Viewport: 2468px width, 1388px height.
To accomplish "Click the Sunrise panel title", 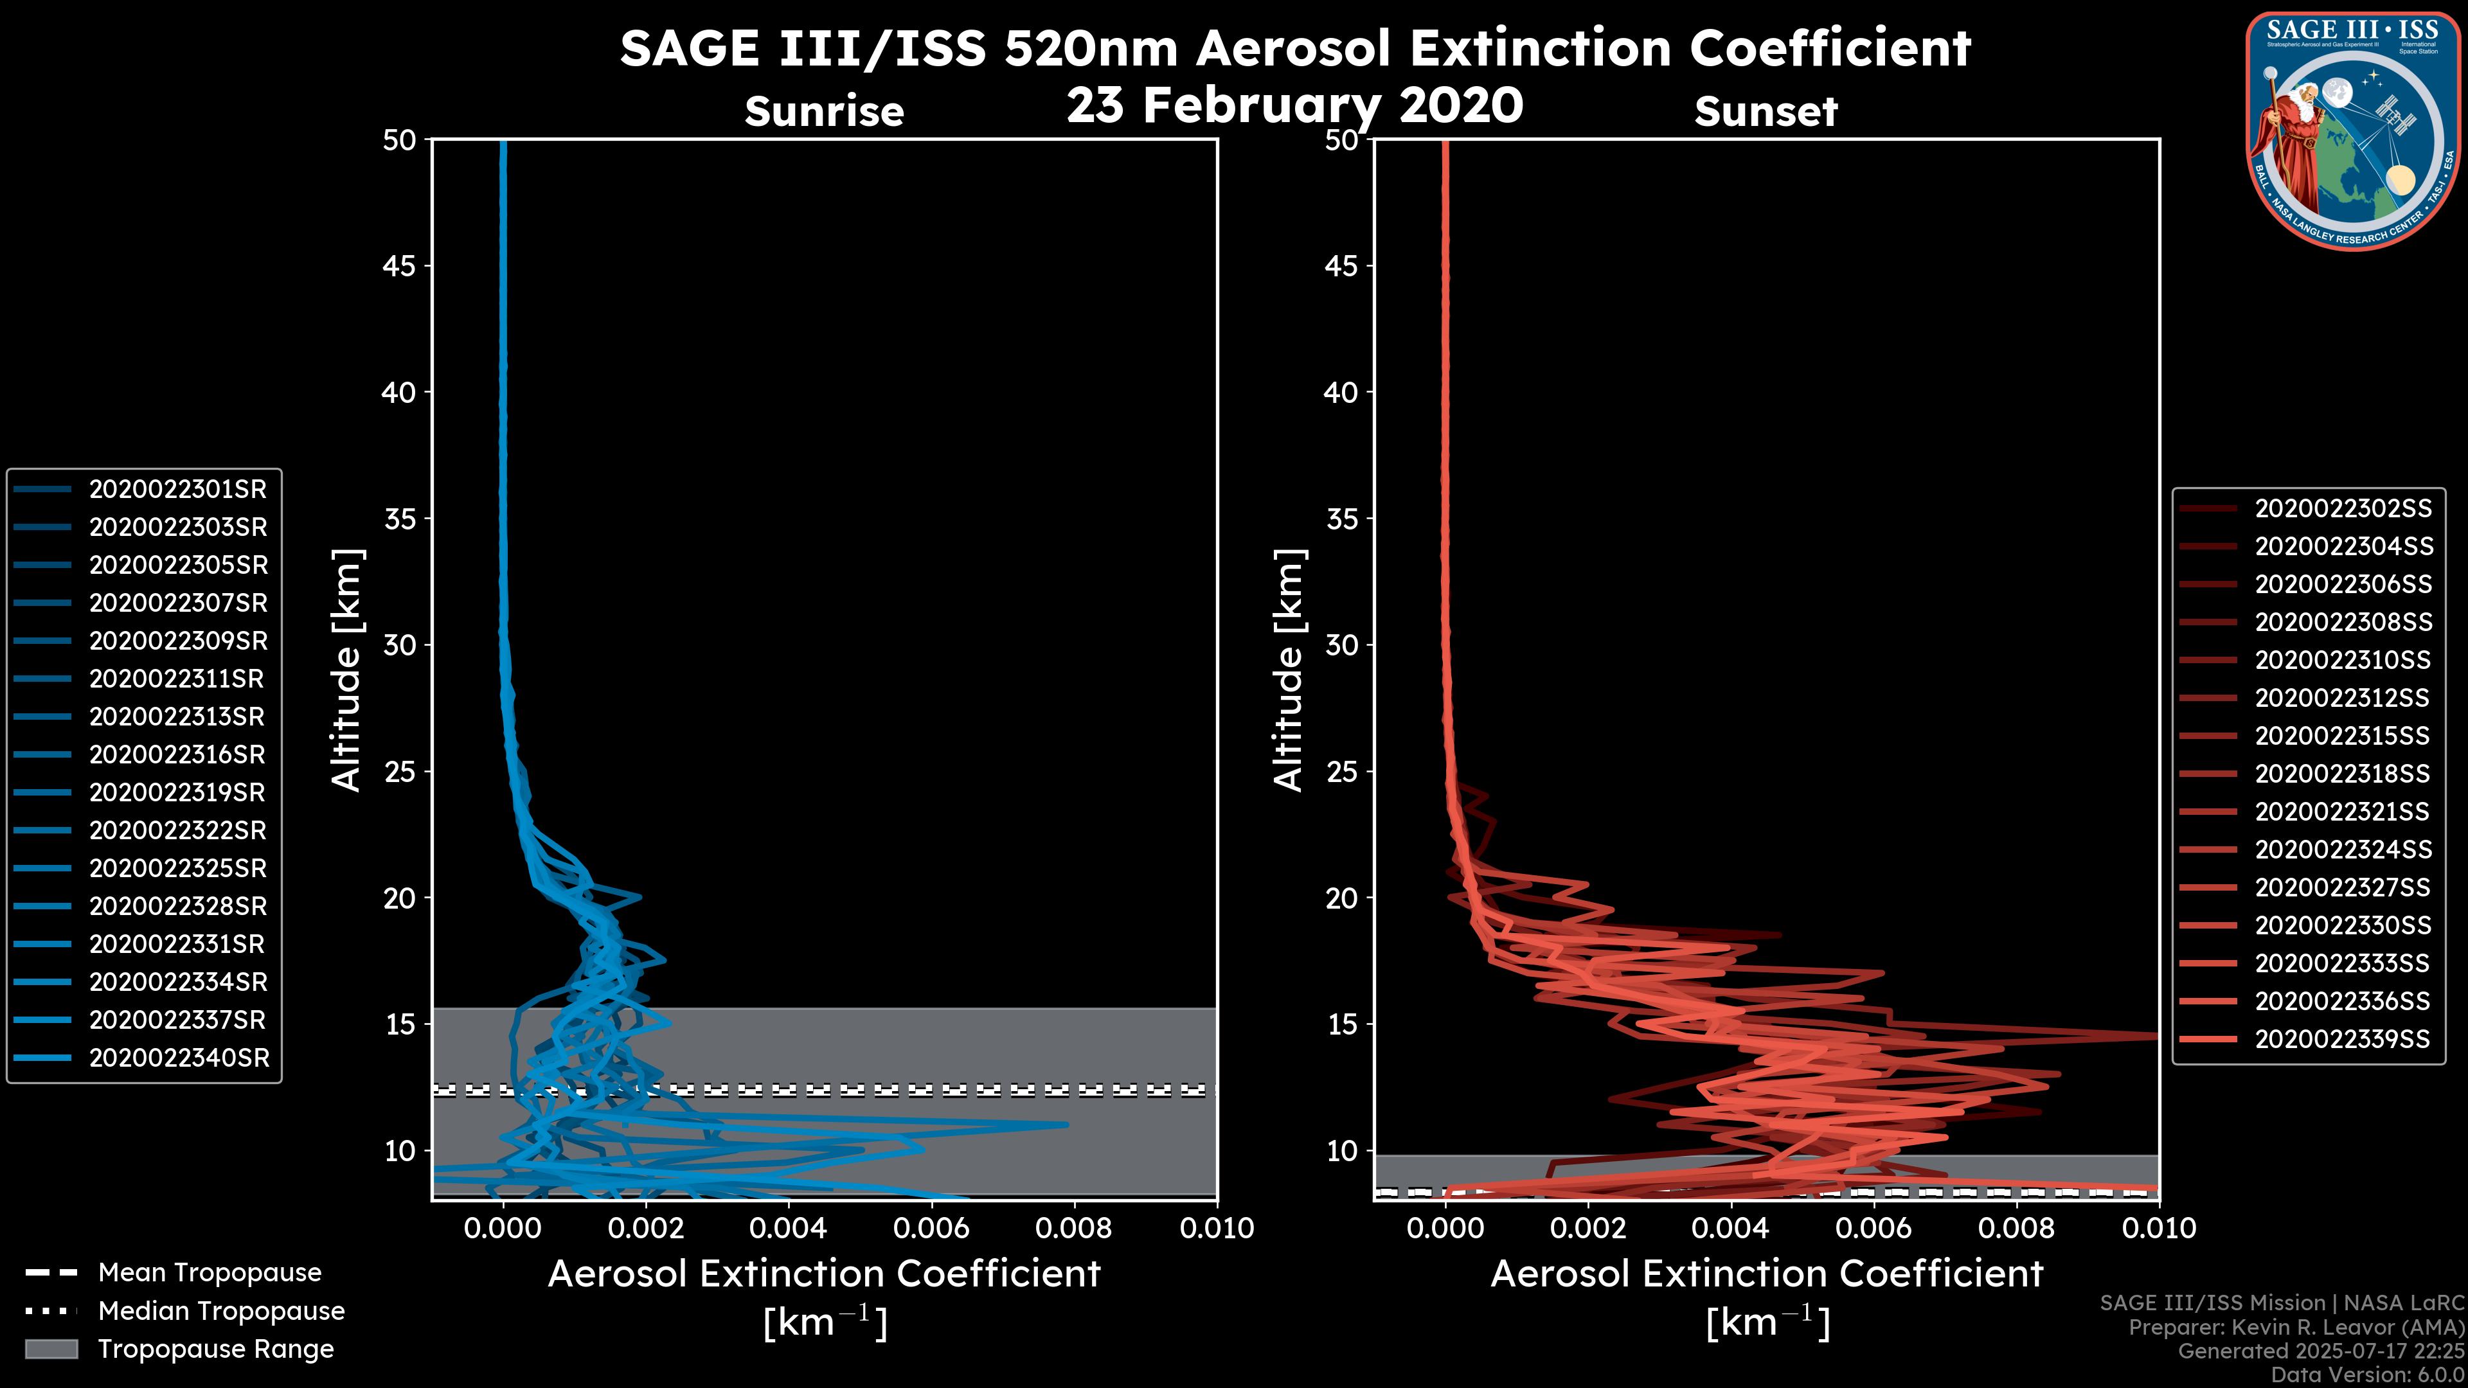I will (x=824, y=112).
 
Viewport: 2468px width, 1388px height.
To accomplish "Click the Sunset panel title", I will (x=1766, y=112).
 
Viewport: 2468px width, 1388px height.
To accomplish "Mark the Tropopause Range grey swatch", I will (x=51, y=1349).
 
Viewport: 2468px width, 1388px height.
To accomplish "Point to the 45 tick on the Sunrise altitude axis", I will (x=400, y=266).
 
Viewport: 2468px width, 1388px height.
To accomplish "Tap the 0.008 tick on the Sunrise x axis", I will (x=1074, y=1228).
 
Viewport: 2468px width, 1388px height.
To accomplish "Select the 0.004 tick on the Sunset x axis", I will (x=1730, y=1228).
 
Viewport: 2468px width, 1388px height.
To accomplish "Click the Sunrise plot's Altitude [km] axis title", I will (x=346, y=670).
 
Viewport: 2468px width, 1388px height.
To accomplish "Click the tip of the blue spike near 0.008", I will (x=1068, y=1125).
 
